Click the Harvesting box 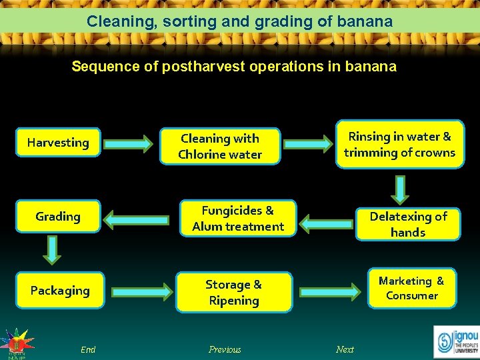click(58, 143)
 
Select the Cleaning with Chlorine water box click(220, 147)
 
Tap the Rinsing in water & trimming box click(399, 145)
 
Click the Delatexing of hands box click(408, 224)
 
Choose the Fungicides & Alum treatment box click(238, 218)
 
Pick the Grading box click(58, 217)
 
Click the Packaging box click(60, 291)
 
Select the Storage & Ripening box click(234, 292)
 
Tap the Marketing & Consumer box click(412, 288)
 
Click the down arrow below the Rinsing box click(400, 189)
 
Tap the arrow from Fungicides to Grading click(137, 219)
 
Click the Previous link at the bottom click(225, 349)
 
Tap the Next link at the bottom click(345, 349)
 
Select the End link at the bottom click(88, 349)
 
